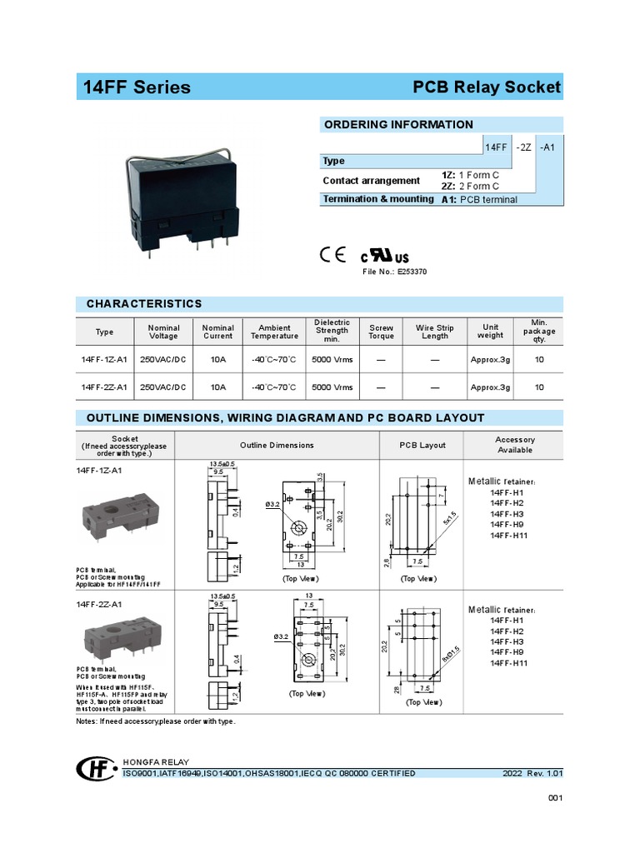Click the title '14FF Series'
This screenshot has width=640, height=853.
tap(137, 87)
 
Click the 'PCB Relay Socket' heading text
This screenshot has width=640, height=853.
tap(487, 87)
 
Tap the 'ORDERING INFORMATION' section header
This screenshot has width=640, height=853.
tap(398, 125)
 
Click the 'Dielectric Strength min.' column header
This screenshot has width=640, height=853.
tap(332, 331)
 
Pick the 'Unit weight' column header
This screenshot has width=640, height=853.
tap(490, 332)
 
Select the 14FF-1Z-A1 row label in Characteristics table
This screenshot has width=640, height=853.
tap(104, 360)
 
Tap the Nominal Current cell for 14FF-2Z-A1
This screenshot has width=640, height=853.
tap(217, 387)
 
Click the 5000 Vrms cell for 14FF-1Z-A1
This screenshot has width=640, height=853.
tap(332, 360)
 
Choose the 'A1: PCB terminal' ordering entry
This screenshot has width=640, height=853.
tap(479, 200)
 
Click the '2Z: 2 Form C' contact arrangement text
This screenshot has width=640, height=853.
tap(472, 186)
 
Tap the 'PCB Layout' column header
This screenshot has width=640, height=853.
tap(422, 446)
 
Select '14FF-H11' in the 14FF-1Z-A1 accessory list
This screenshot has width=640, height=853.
tap(509, 536)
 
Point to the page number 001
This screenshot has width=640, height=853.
tap(556, 800)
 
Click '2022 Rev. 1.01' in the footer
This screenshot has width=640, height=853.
tap(532, 774)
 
